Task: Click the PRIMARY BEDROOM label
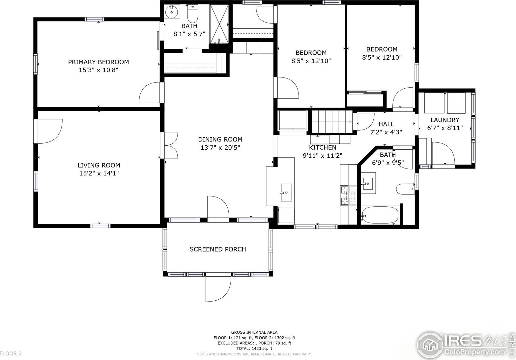coord(99,62)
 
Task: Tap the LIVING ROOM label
coord(99,165)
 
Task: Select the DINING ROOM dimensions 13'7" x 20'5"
coord(220,147)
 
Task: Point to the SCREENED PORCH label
coord(218,249)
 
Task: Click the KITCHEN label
coord(323,147)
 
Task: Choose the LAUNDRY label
coord(445,120)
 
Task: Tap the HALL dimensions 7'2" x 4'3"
coord(386,132)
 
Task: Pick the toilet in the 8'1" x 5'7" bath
coord(192,14)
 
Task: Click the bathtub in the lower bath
coord(379,215)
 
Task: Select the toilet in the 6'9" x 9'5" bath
coord(405,189)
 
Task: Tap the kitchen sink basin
coord(286,192)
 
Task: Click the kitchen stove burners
coord(349,195)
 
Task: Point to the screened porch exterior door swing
coord(218,289)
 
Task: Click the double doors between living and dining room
coord(169,145)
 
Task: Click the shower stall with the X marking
coord(219,24)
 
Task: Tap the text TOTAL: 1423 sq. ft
coord(254,348)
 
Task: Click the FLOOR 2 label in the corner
coord(11,353)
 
